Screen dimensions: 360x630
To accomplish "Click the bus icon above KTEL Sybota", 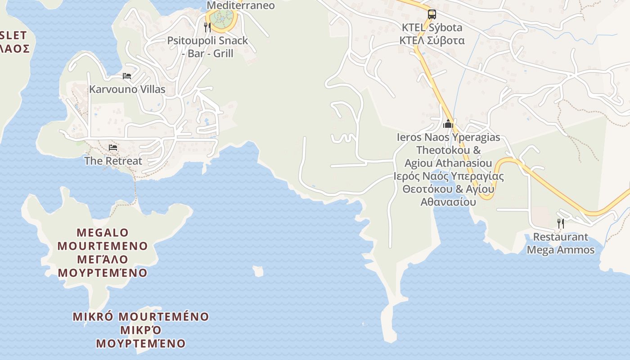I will (432, 14).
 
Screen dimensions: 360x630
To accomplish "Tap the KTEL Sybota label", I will (432, 27).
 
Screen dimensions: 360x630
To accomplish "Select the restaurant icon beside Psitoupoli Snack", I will (207, 27).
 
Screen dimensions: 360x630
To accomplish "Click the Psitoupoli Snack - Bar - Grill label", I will (207, 47).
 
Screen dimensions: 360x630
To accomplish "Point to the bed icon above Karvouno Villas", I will (127, 76).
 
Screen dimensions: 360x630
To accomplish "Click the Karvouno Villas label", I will (127, 89).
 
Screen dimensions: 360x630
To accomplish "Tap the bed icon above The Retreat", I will (112, 148).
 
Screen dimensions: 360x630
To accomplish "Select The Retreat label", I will (112, 161).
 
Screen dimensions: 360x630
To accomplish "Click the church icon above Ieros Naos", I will (448, 124).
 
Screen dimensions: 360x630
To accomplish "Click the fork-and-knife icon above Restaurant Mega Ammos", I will (560, 223).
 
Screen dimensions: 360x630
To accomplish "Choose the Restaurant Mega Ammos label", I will (560, 243).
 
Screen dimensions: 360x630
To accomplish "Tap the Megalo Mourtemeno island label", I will (103, 239).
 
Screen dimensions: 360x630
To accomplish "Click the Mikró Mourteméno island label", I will (140, 317).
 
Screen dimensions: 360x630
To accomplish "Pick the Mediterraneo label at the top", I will (240, 5).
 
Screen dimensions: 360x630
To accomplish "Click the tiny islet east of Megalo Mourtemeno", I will (258, 271).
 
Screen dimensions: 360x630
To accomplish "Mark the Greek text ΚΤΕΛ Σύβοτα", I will (432, 40).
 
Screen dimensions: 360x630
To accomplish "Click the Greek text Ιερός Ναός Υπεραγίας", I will (448, 176).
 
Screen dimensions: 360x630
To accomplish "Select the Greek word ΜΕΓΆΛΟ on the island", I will (103, 260).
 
